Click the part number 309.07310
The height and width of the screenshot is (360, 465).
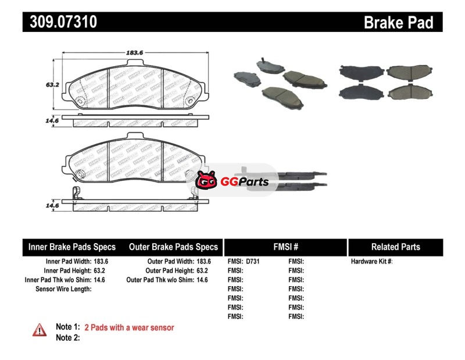click(x=60, y=23)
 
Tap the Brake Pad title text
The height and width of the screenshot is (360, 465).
click(x=399, y=23)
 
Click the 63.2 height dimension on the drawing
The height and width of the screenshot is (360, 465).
click(x=53, y=84)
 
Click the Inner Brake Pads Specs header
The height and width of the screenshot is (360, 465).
click(x=72, y=247)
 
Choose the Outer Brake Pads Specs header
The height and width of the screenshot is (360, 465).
click(x=173, y=247)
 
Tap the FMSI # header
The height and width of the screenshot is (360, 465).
click(x=285, y=247)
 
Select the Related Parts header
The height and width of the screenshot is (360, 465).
click(x=395, y=247)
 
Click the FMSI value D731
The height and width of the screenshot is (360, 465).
click(x=253, y=262)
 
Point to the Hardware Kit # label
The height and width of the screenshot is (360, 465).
click(x=371, y=262)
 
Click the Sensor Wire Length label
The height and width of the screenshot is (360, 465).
click(x=63, y=288)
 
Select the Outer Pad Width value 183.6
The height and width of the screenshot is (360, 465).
click(x=203, y=262)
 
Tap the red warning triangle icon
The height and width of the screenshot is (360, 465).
click(x=40, y=329)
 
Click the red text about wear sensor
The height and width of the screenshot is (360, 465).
click(x=129, y=327)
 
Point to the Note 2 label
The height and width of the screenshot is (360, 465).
click(x=67, y=337)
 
